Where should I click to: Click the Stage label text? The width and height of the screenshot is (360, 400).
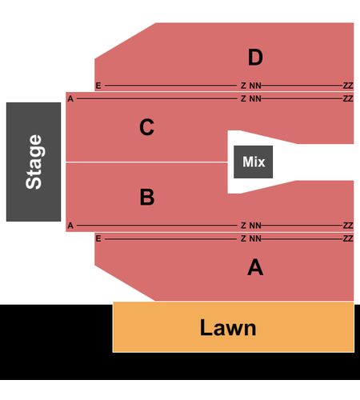34,162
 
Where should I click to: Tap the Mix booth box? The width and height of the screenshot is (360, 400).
254,162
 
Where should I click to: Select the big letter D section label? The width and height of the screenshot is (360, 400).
255,58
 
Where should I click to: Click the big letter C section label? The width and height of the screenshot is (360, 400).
146,127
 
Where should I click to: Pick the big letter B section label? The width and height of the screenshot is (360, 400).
147,197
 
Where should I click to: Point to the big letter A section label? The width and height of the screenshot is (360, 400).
255,267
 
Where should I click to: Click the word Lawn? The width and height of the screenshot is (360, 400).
228,328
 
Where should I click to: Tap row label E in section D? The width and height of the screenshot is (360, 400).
98,86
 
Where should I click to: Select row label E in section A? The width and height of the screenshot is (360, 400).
98,238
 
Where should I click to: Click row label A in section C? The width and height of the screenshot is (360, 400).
70,98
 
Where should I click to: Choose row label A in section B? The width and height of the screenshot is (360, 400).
70,226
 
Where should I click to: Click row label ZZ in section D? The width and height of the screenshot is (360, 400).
348,86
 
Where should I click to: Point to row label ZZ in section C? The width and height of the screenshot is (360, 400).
348,98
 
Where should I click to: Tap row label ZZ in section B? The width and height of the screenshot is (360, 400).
348,226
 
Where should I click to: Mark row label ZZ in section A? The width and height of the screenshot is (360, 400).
348,238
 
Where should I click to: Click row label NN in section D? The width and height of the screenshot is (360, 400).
255,86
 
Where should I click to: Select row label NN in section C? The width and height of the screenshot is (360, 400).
255,98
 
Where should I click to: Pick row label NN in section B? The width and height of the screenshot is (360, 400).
255,226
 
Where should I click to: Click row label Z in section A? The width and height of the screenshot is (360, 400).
243,238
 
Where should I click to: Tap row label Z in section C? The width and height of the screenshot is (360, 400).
243,98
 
